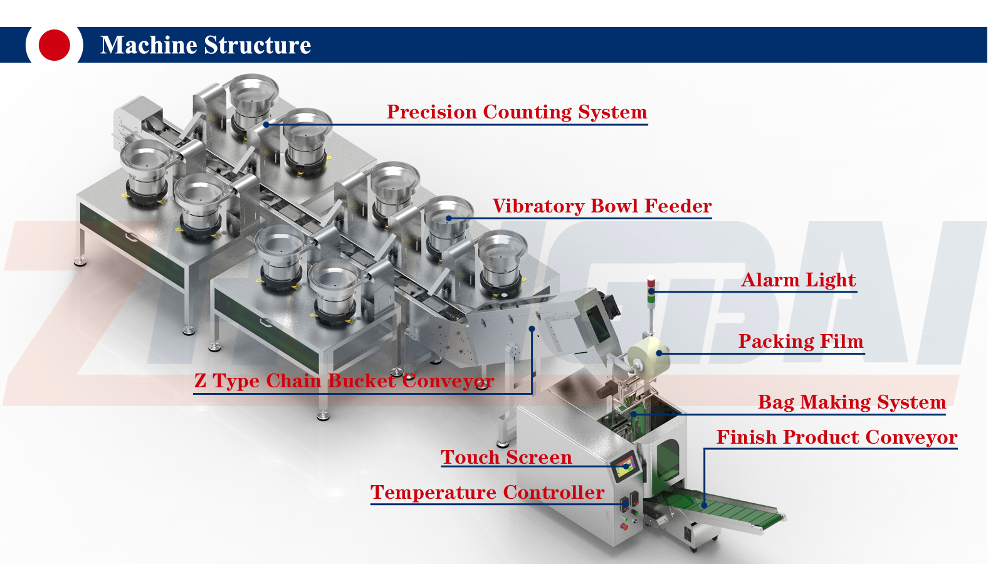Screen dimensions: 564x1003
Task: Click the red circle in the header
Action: coord(54,45)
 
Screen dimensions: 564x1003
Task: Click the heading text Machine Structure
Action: coord(205,45)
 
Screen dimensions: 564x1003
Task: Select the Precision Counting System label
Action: coord(517,112)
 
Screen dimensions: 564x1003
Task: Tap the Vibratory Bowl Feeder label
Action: coord(602,206)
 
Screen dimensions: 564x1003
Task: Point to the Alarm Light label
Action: coord(798,279)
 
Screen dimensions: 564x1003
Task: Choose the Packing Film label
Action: coord(801,341)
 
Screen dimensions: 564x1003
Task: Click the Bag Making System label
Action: coord(851,402)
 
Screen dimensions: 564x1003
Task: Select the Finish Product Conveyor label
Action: coord(836,437)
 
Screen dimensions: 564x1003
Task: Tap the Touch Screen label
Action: coord(506,457)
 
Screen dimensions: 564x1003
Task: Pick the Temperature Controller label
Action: coord(487,492)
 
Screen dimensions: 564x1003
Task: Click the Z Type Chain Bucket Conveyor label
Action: coord(344,380)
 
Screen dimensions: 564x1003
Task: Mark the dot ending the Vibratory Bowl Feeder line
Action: coord(449,218)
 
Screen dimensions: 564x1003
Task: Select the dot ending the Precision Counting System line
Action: coord(266,124)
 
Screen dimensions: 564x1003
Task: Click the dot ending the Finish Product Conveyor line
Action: coord(704,505)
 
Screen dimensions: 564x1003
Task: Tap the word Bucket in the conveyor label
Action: coord(362,380)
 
